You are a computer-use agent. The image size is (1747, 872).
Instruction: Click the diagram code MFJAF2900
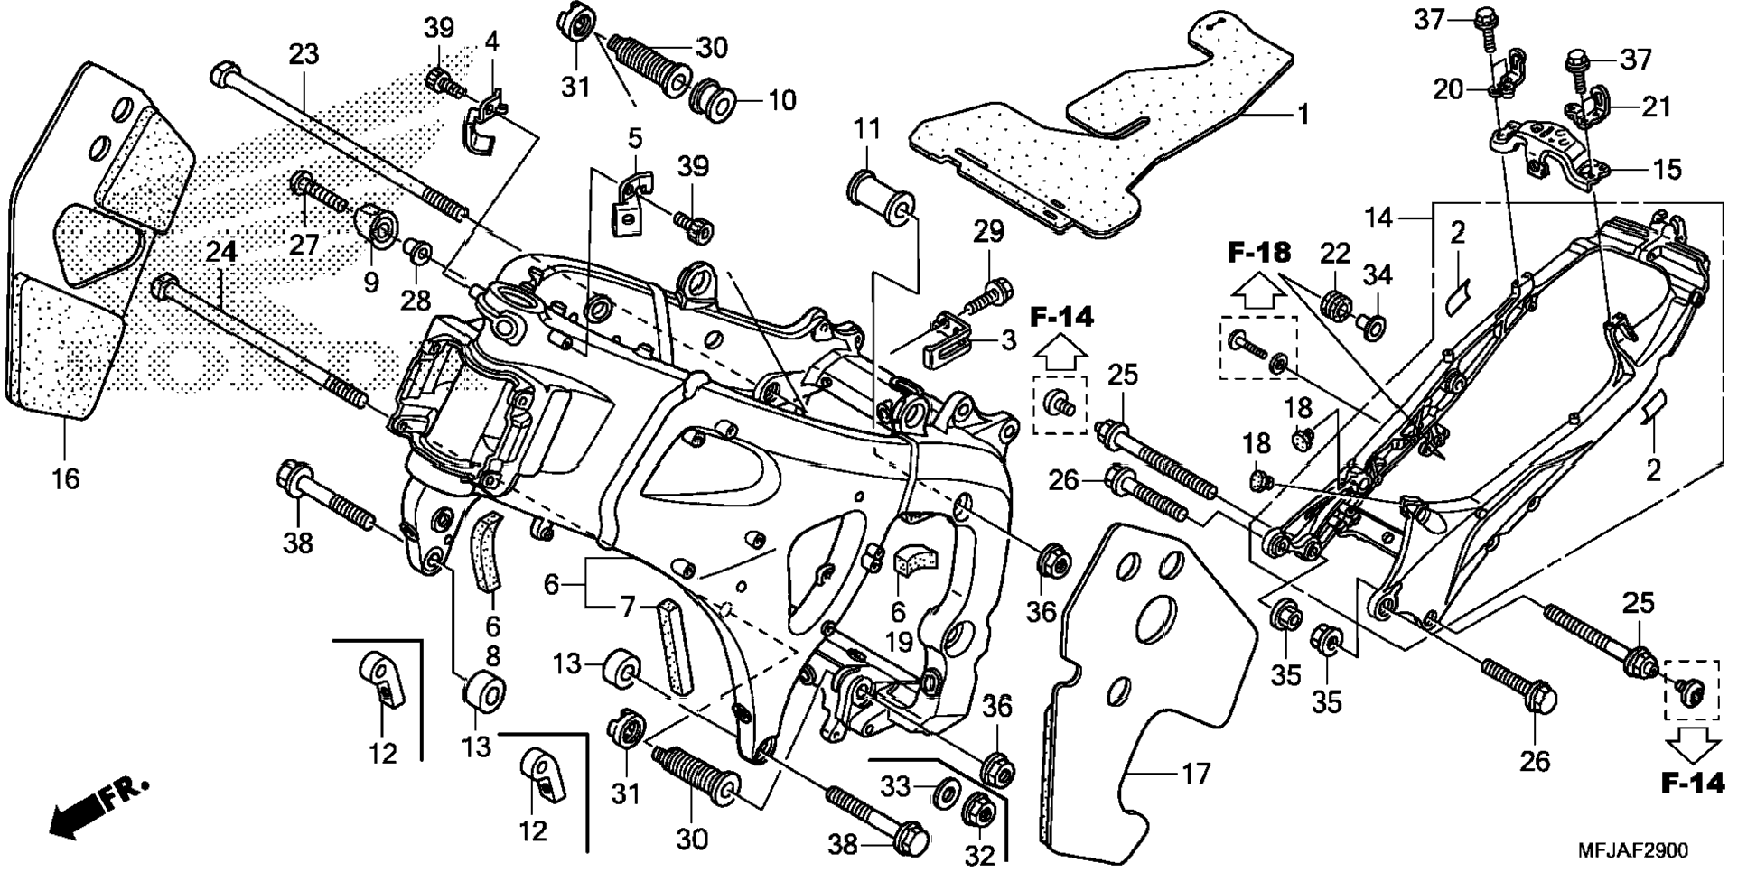coord(1632,851)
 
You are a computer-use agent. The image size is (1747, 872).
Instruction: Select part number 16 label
coord(65,478)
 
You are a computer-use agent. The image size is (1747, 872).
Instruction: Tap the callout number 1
coord(1302,115)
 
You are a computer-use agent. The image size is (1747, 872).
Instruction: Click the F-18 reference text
coord(1259,253)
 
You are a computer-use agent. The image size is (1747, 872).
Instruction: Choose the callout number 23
coord(304,54)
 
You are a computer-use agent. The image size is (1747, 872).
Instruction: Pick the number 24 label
coord(221,252)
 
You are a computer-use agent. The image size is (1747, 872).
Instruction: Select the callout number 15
coord(1667,169)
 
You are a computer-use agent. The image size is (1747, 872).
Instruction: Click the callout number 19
coord(898,643)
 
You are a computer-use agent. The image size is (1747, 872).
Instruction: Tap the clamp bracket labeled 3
coord(945,338)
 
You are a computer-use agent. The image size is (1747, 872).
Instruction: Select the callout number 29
coord(989,231)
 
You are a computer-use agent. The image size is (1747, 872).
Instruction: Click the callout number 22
coord(1335,255)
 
